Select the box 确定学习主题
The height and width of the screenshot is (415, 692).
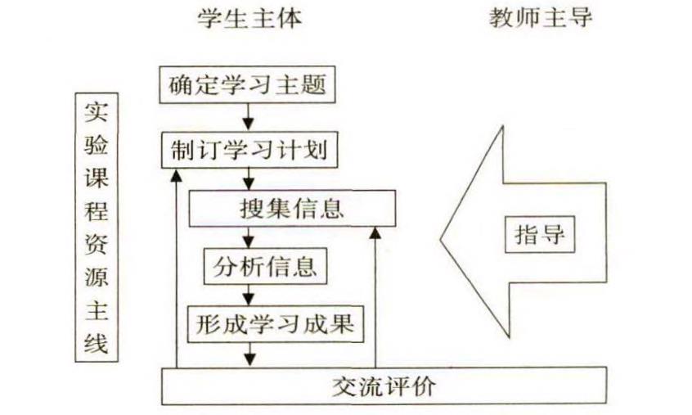pos(247,85)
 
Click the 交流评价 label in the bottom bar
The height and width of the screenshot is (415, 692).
pos(384,385)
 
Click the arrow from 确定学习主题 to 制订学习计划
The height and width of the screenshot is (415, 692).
pos(248,115)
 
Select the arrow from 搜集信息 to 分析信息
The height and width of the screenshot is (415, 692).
pos(249,237)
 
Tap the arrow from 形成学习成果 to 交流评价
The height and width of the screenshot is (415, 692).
pos(249,352)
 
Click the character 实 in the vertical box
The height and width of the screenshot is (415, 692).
pos(96,110)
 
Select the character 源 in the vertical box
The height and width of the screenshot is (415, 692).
pos(96,277)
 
